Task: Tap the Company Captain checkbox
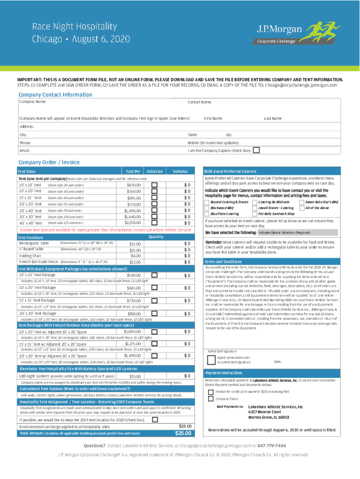tap(256, 150)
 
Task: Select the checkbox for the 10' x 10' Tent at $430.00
tap(154, 185)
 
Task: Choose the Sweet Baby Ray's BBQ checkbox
tap(302, 201)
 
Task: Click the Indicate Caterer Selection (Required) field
tap(284, 232)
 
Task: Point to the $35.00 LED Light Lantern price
tap(135, 377)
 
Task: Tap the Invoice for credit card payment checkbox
tap(211, 392)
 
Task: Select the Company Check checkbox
tap(211, 399)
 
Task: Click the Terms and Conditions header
tap(223, 261)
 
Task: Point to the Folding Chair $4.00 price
tap(136, 256)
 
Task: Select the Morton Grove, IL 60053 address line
tap(268, 417)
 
